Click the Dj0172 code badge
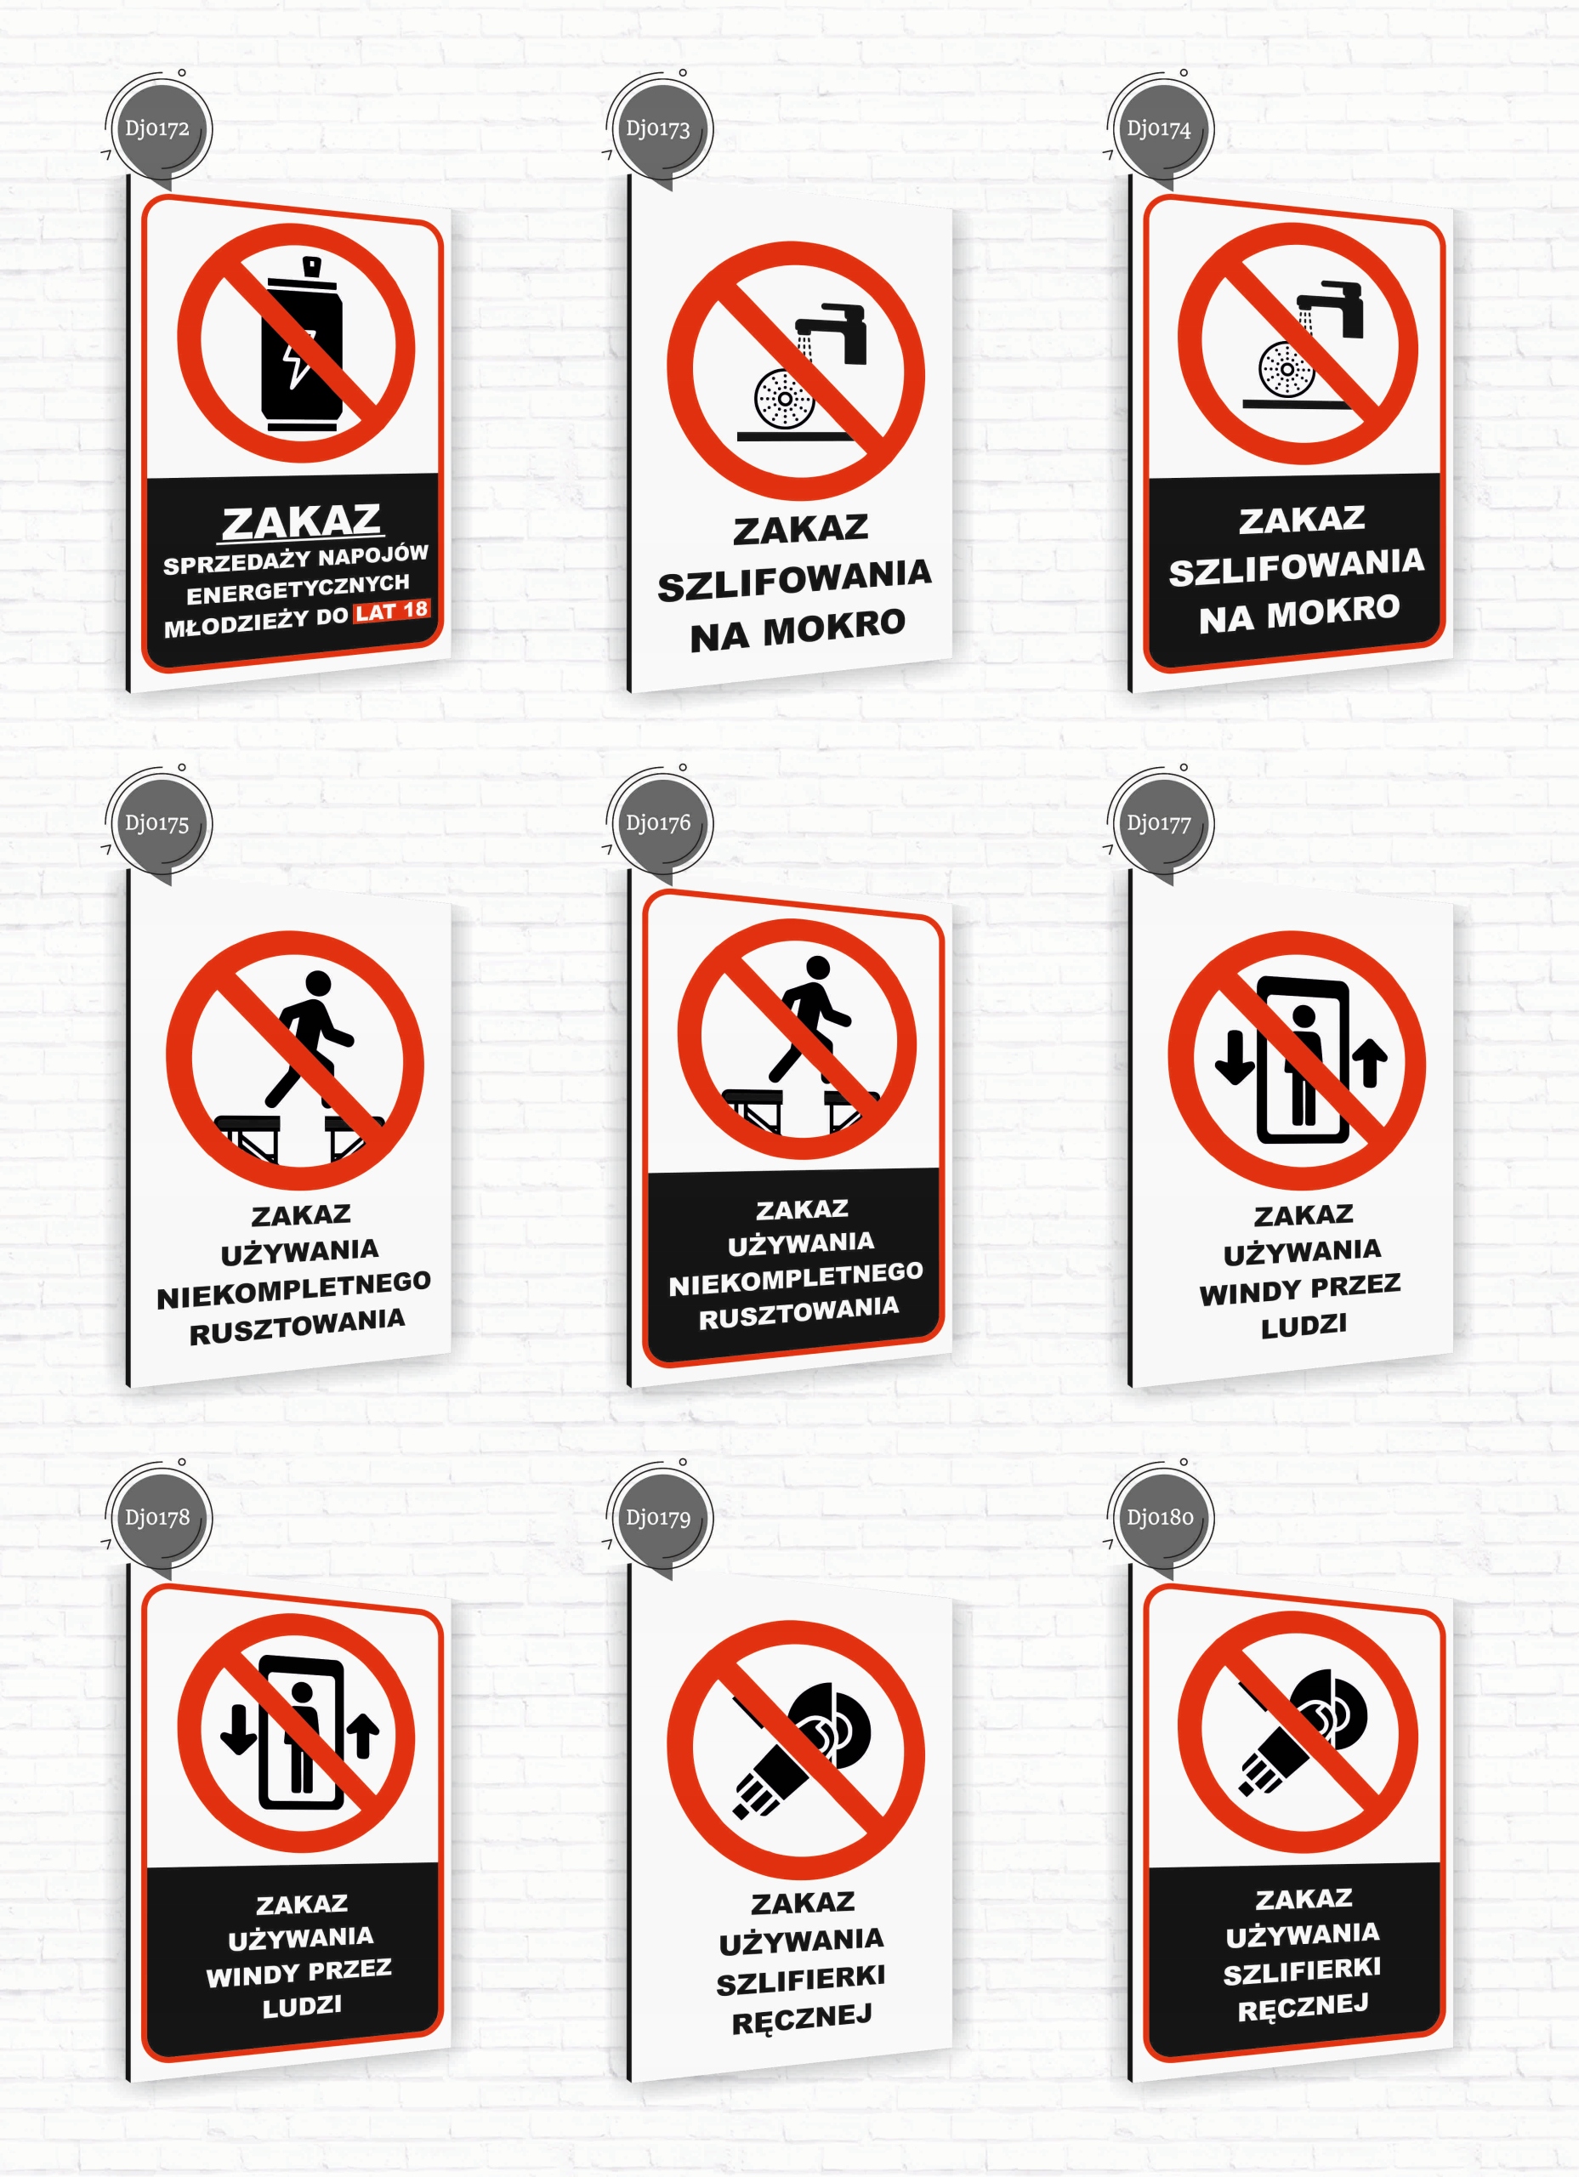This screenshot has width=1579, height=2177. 157,128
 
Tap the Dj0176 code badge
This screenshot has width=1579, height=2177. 658,823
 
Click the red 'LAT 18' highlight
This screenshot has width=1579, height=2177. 393,611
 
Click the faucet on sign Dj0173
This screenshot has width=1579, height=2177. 833,333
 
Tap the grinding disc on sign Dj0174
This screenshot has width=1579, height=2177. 1286,367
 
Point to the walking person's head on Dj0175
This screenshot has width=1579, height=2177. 318,983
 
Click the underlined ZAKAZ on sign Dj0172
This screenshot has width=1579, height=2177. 301,522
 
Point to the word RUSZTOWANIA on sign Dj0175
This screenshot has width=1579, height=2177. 297,1327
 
